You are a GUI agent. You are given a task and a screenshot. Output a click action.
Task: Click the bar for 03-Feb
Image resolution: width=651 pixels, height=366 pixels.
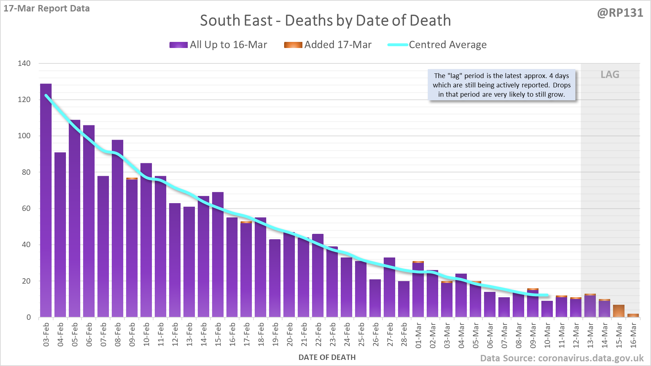click(x=46, y=201)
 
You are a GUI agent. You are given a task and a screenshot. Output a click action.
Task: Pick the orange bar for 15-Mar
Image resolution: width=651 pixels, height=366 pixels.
click(x=619, y=311)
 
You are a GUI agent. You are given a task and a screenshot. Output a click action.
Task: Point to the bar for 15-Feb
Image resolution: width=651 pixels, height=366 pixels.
click(x=218, y=255)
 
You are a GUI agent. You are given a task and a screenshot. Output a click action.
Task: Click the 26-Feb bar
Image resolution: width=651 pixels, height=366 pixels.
click(x=375, y=298)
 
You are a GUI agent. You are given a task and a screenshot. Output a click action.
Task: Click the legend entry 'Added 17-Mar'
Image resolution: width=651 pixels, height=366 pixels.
click(x=328, y=45)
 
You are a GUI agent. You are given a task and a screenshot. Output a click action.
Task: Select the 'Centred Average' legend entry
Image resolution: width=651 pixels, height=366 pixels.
click(x=437, y=45)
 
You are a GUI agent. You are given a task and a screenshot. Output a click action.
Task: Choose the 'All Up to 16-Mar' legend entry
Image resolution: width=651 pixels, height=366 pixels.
click(x=218, y=45)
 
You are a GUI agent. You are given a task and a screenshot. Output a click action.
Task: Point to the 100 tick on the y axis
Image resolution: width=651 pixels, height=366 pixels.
click(x=24, y=136)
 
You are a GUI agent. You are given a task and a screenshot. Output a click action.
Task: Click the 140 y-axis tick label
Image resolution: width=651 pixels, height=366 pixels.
click(x=24, y=63)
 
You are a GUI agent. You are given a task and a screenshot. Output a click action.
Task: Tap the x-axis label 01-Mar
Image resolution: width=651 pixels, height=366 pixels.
click(x=418, y=335)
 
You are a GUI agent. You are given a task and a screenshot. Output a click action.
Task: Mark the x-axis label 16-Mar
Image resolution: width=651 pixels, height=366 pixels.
click(x=633, y=335)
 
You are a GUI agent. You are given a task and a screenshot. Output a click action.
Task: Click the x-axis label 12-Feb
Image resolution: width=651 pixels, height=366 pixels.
click(x=175, y=335)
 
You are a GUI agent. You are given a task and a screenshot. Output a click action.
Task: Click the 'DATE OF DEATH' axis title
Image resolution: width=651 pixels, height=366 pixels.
click(x=327, y=357)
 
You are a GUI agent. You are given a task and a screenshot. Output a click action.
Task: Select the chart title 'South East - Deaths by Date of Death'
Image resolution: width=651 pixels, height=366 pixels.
click(x=325, y=20)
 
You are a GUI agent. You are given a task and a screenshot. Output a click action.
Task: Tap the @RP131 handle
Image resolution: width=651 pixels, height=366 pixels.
click(x=620, y=13)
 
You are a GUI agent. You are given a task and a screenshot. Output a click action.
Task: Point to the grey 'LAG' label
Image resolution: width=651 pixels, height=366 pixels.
click(x=610, y=74)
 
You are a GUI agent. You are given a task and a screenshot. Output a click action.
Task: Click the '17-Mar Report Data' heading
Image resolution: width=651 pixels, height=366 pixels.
click(x=47, y=8)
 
